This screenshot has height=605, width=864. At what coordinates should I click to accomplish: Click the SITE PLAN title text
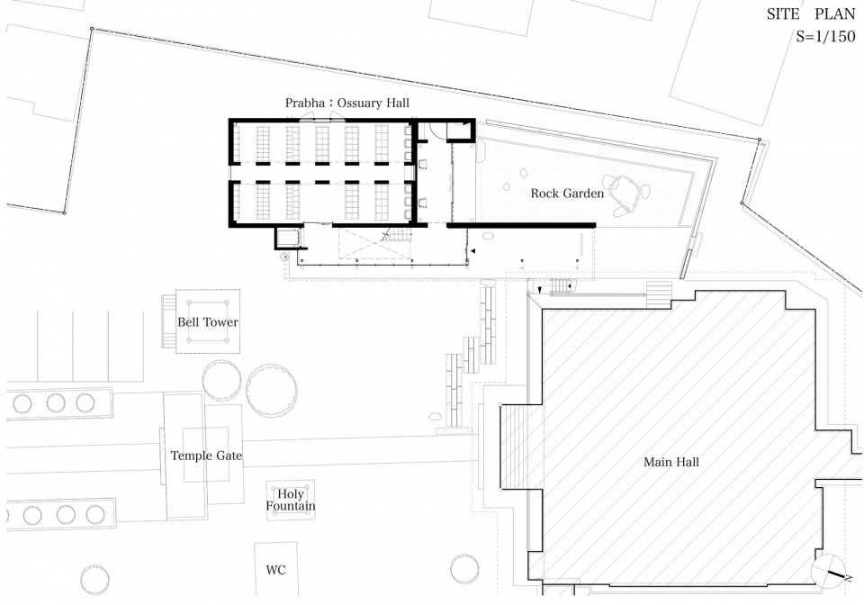(811, 14)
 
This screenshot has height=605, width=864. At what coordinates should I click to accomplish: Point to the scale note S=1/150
(825, 37)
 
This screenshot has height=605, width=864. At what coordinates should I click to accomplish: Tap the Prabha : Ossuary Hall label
(347, 103)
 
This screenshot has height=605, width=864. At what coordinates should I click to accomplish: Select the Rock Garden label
(567, 194)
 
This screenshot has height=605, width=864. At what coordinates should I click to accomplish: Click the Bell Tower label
(208, 321)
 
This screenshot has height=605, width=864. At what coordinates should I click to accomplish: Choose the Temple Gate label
(206, 456)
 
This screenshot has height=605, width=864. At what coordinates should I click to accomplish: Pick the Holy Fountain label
(291, 500)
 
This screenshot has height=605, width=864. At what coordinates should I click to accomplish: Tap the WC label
(276, 570)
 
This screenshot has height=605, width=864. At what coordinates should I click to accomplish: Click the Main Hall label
(671, 462)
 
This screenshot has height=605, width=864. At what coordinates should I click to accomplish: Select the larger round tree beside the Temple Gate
(272, 390)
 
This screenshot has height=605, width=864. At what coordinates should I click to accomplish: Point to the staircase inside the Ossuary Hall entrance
(397, 235)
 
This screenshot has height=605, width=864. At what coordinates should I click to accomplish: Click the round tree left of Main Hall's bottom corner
(464, 568)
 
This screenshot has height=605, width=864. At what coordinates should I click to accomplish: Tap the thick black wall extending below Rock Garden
(521, 225)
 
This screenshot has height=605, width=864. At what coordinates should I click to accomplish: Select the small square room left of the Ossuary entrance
(287, 238)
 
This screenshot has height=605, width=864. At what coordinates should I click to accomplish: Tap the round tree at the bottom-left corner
(94, 579)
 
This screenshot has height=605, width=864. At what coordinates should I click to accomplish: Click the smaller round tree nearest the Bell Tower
(221, 381)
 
